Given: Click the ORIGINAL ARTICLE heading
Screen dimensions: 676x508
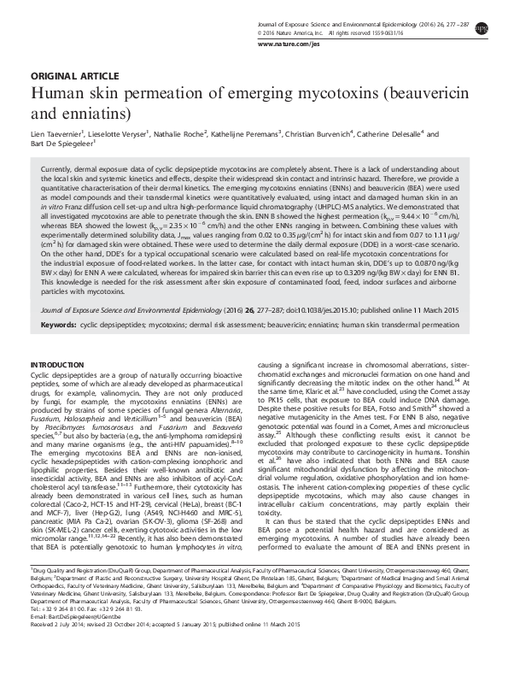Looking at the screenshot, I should pos(65,75).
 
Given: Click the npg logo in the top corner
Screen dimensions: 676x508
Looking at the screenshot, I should pos(486,15).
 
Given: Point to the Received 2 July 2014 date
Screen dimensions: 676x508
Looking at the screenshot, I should pos(58,646).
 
